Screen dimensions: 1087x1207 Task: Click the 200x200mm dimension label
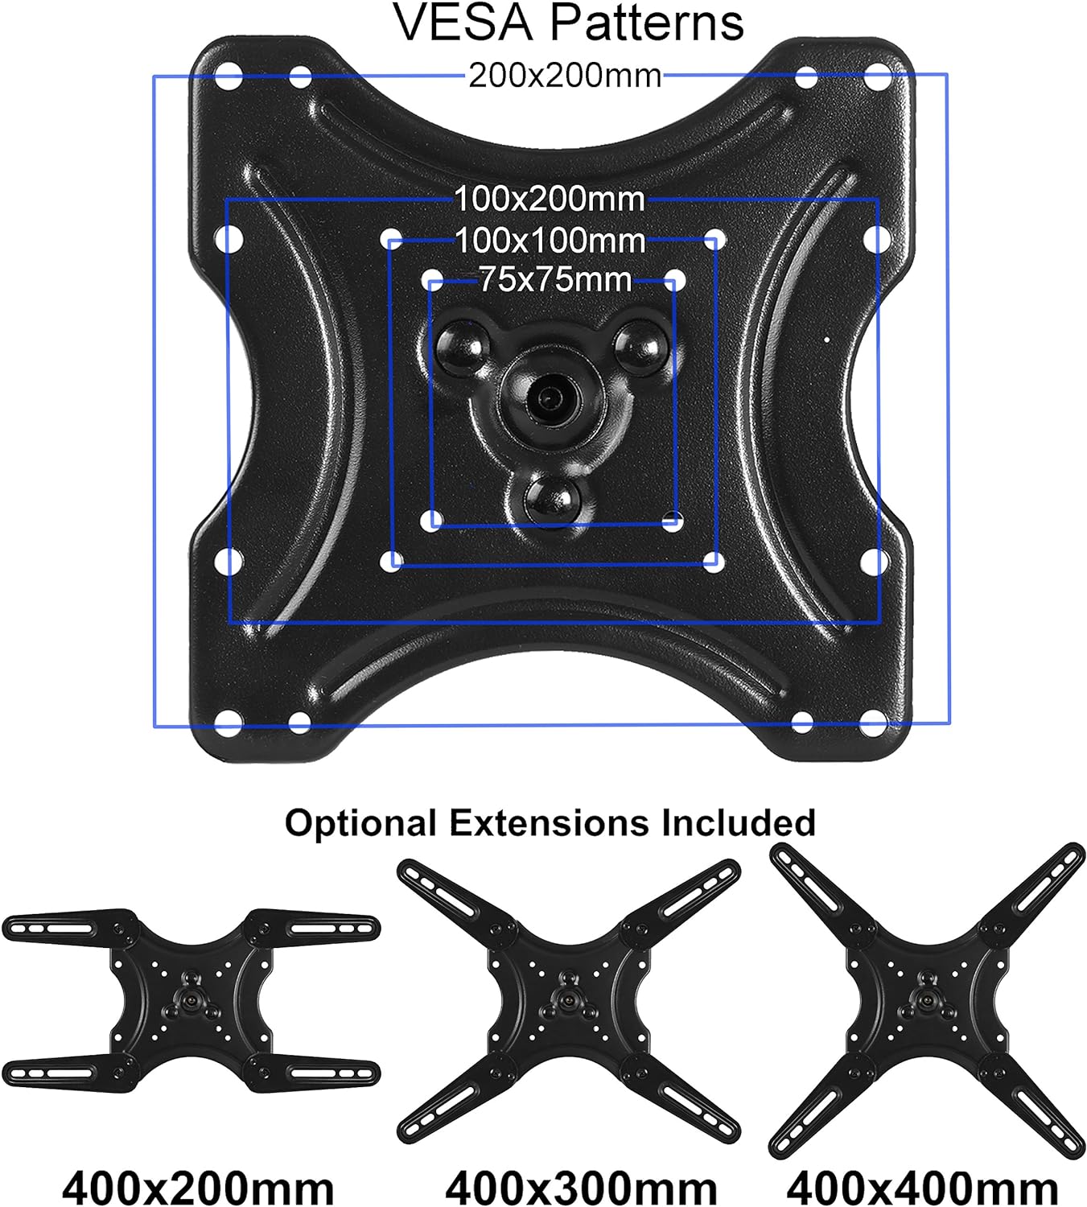coord(565,76)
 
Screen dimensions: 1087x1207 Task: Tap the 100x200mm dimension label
coord(550,199)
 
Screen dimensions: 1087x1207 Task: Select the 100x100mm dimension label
coord(550,241)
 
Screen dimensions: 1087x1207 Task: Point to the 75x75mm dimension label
coord(555,280)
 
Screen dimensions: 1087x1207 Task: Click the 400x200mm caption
coord(198,1188)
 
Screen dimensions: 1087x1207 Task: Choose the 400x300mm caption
coord(582,1188)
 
